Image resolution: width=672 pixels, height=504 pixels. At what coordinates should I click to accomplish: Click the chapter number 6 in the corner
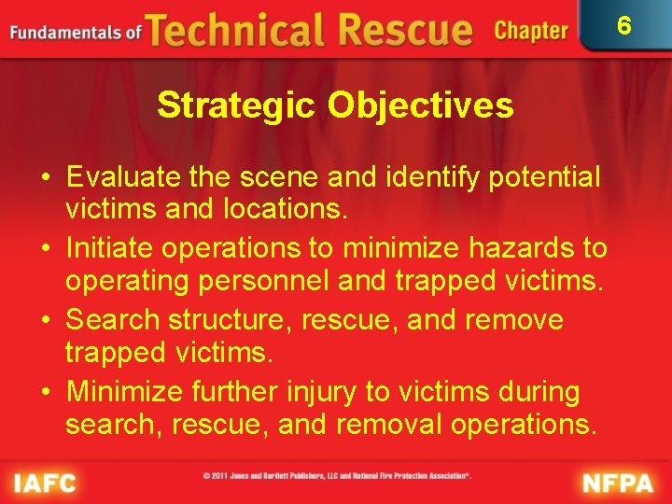pyautogui.click(x=623, y=25)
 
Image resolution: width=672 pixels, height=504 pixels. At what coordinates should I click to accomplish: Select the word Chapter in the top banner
pyautogui.click(x=531, y=31)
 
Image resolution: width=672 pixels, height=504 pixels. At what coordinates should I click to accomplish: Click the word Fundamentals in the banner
pyautogui.click(x=66, y=33)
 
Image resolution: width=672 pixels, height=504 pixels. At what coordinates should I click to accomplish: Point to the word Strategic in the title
pyautogui.click(x=237, y=105)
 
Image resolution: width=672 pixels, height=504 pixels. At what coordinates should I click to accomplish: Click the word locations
pyautogui.click(x=283, y=210)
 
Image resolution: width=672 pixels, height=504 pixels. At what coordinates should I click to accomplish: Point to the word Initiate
pyautogui.click(x=109, y=248)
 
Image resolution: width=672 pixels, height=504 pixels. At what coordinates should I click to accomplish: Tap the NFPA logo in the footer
pyautogui.click(x=619, y=483)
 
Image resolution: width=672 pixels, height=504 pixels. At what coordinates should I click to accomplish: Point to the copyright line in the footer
pyautogui.click(x=336, y=476)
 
